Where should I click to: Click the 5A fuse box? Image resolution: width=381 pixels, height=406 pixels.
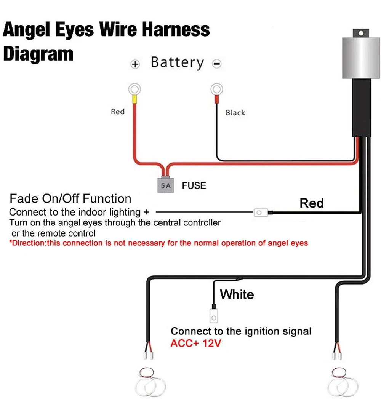165,185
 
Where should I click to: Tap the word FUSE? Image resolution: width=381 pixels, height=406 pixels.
194,185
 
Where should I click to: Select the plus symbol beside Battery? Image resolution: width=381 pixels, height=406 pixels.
135,64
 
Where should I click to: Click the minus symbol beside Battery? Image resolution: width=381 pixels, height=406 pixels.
217,64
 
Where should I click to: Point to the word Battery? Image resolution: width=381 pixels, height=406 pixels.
178,63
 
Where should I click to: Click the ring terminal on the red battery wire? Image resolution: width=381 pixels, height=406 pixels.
135,90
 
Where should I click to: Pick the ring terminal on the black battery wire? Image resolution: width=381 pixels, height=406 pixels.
217,90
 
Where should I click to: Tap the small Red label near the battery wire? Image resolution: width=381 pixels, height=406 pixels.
118,112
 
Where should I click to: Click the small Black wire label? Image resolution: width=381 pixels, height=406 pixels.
235,113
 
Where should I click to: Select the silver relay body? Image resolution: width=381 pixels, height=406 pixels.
361,58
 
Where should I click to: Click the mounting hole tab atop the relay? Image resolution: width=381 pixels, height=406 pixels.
361,33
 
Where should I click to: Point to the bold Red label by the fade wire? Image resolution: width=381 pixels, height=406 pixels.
312,203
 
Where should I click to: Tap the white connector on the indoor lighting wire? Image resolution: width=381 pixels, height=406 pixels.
261,213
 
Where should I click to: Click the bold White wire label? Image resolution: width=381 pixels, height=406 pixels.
237,294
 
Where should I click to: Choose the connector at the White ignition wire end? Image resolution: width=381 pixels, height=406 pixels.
214,316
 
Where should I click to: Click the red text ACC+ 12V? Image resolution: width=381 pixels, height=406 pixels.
196,343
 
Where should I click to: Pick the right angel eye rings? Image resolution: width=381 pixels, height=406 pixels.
343,382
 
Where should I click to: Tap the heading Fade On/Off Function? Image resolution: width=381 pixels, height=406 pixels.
70,198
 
